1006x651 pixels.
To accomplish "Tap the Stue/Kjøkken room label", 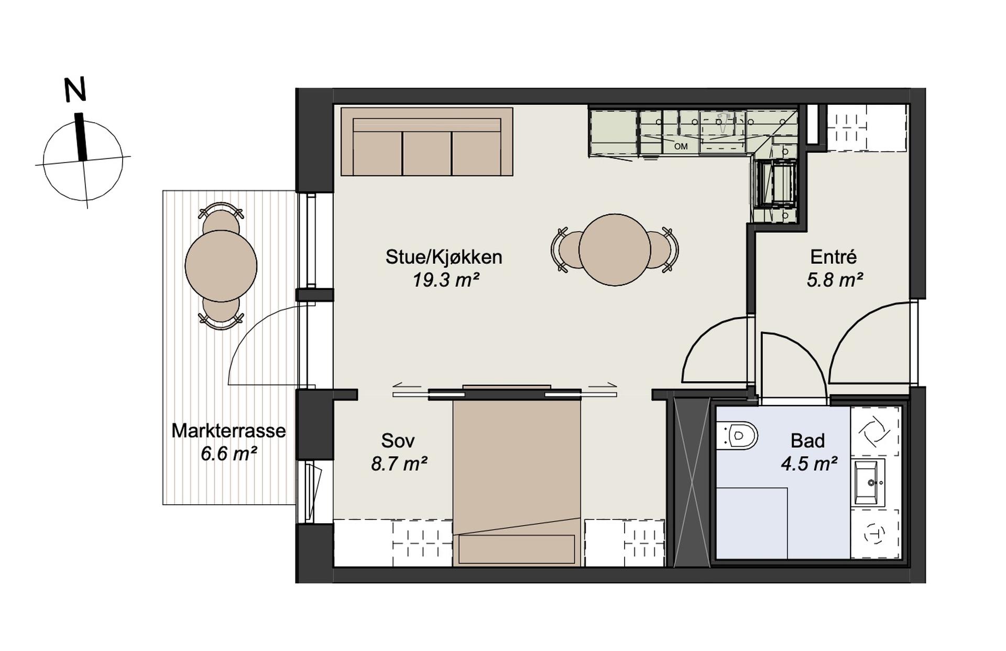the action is pos(444,257).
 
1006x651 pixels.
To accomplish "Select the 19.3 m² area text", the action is pos(446,280).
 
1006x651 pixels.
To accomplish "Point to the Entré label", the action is pos(833,257).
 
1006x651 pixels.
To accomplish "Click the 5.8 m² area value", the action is pos(835,280).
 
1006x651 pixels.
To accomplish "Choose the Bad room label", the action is pos(807,441).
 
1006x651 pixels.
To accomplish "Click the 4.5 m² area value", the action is pos(809,464).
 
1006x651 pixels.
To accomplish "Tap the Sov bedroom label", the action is pos(398,441).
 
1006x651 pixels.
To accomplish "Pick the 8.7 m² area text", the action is pos(399,464).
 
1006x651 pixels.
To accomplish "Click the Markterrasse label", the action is pos(228,431).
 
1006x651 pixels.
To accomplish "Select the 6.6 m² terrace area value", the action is pos(228,453).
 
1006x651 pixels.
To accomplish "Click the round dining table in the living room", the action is pos(615,250).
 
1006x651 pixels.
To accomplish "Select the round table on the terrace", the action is pos(221,266).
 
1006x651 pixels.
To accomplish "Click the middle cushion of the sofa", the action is pos(427,153).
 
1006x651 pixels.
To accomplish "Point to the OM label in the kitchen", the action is pos(681,147).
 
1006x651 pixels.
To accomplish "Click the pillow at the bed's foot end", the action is pos(517,549).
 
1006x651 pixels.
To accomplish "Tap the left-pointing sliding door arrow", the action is pos(407,386).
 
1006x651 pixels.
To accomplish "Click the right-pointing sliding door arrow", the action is pos(602,386).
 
